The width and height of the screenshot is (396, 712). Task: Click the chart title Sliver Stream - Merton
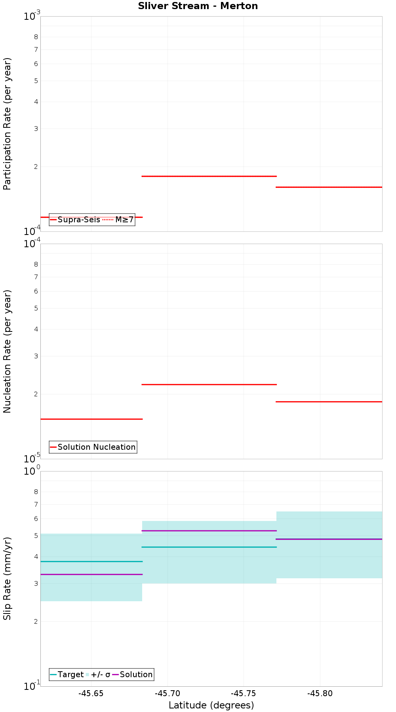click(x=198, y=6)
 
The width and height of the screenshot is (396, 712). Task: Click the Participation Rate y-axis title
click(x=8, y=124)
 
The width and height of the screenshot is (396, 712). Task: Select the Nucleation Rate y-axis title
click(x=8, y=351)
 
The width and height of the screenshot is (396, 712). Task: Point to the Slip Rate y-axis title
click(x=8, y=578)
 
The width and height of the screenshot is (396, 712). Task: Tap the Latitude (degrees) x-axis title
click(x=211, y=705)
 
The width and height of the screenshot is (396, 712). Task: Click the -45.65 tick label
click(x=91, y=693)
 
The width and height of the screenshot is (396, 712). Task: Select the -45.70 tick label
click(x=168, y=693)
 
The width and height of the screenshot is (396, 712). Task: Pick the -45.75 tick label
click(x=244, y=693)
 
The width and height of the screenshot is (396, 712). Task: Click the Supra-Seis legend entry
click(x=78, y=220)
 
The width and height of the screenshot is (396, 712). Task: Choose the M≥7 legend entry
click(x=124, y=220)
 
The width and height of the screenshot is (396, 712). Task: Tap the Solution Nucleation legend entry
click(x=96, y=447)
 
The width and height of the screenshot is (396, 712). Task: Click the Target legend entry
click(x=70, y=674)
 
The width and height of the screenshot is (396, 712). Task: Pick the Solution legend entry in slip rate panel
click(x=136, y=674)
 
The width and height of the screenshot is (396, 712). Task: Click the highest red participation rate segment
click(x=209, y=176)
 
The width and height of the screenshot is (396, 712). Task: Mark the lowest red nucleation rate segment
click(x=91, y=419)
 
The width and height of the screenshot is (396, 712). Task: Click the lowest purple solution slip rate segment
click(x=91, y=574)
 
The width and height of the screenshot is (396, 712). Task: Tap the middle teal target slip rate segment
click(x=209, y=547)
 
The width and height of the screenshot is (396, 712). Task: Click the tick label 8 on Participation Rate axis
click(x=36, y=37)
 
